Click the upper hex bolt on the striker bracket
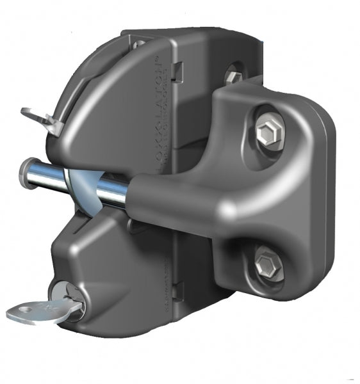click(x=268, y=133)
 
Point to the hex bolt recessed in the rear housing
click(x=233, y=77)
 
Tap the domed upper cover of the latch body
click(x=109, y=102)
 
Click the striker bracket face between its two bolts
click(x=282, y=198)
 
